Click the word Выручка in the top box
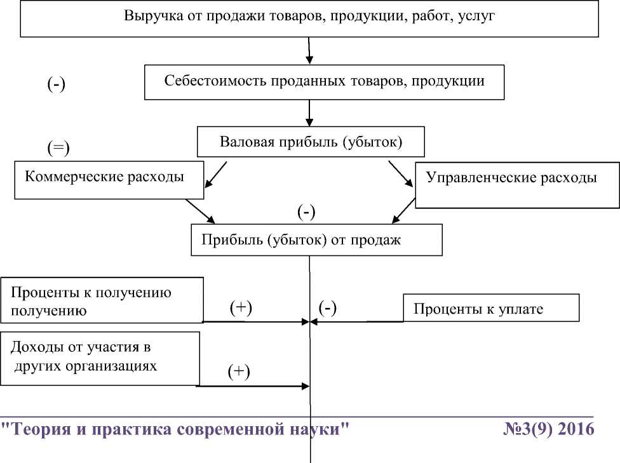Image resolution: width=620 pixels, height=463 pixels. click(x=150, y=16)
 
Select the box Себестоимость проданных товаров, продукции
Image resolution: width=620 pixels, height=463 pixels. click(x=324, y=81)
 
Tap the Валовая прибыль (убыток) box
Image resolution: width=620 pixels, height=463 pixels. click(x=311, y=142)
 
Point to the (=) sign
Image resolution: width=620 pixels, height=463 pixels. click(x=58, y=148)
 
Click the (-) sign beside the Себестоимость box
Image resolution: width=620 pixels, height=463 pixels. click(x=57, y=85)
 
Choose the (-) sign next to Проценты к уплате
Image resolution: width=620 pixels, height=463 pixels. click(x=327, y=308)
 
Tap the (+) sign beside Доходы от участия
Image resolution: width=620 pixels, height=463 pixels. click(x=239, y=372)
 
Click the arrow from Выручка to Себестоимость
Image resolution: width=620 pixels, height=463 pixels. click(x=309, y=51)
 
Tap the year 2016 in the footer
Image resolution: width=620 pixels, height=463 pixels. click(x=574, y=429)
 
